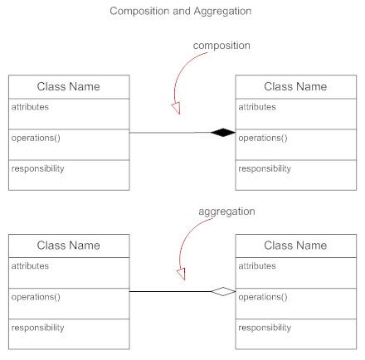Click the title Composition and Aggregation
(x=182, y=12)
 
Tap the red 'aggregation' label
(x=226, y=212)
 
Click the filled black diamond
(x=222, y=132)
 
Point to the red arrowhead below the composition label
(x=175, y=109)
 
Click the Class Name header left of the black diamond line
(x=69, y=86)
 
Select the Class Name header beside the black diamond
(x=295, y=86)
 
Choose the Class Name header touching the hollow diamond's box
(x=295, y=246)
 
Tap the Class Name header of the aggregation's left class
(x=69, y=246)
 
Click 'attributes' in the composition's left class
(x=30, y=107)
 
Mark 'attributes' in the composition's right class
(x=256, y=107)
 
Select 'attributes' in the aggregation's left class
(x=30, y=266)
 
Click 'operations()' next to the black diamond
(x=263, y=138)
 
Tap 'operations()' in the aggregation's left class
(x=36, y=297)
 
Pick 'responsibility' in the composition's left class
(x=37, y=168)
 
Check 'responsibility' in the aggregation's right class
(x=265, y=328)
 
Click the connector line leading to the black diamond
(x=166, y=133)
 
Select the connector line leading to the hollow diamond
(x=166, y=291)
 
